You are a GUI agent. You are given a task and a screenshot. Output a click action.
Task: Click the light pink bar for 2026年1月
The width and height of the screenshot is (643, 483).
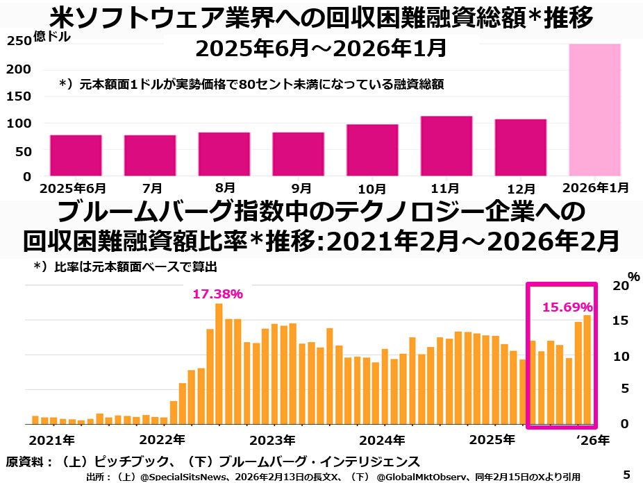coord(594,110)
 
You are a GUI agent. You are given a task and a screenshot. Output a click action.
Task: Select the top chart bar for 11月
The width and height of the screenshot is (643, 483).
coord(446,146)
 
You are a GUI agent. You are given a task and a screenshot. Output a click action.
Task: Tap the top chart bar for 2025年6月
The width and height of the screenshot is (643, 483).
coord(76,155)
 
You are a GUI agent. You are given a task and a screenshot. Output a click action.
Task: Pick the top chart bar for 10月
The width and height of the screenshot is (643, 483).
coord(372,150)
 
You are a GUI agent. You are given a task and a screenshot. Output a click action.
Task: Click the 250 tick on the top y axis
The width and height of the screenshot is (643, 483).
coord(19,42)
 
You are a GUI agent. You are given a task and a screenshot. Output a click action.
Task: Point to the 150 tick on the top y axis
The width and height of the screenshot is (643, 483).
coord(19,96)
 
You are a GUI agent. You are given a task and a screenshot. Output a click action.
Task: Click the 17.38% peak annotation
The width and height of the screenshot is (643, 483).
coord(217,294)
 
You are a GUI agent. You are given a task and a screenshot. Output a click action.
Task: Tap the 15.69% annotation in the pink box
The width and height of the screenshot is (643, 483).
coord(567,307)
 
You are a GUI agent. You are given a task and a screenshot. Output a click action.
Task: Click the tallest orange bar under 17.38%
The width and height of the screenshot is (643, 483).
coord(219,364)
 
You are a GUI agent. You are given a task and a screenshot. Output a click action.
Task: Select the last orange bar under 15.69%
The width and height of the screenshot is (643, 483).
coord(587,369)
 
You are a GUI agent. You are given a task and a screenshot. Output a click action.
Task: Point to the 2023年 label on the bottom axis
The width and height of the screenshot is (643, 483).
coord(273,440)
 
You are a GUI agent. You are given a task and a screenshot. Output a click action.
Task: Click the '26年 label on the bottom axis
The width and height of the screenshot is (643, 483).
coord(594,440)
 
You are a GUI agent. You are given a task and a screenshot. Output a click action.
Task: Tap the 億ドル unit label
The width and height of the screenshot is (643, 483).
coord(51,38)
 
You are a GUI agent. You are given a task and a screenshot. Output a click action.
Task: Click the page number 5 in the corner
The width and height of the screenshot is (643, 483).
coord(626,475)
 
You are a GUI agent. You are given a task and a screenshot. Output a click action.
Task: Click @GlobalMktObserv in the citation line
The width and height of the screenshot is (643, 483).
coord(419,477)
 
